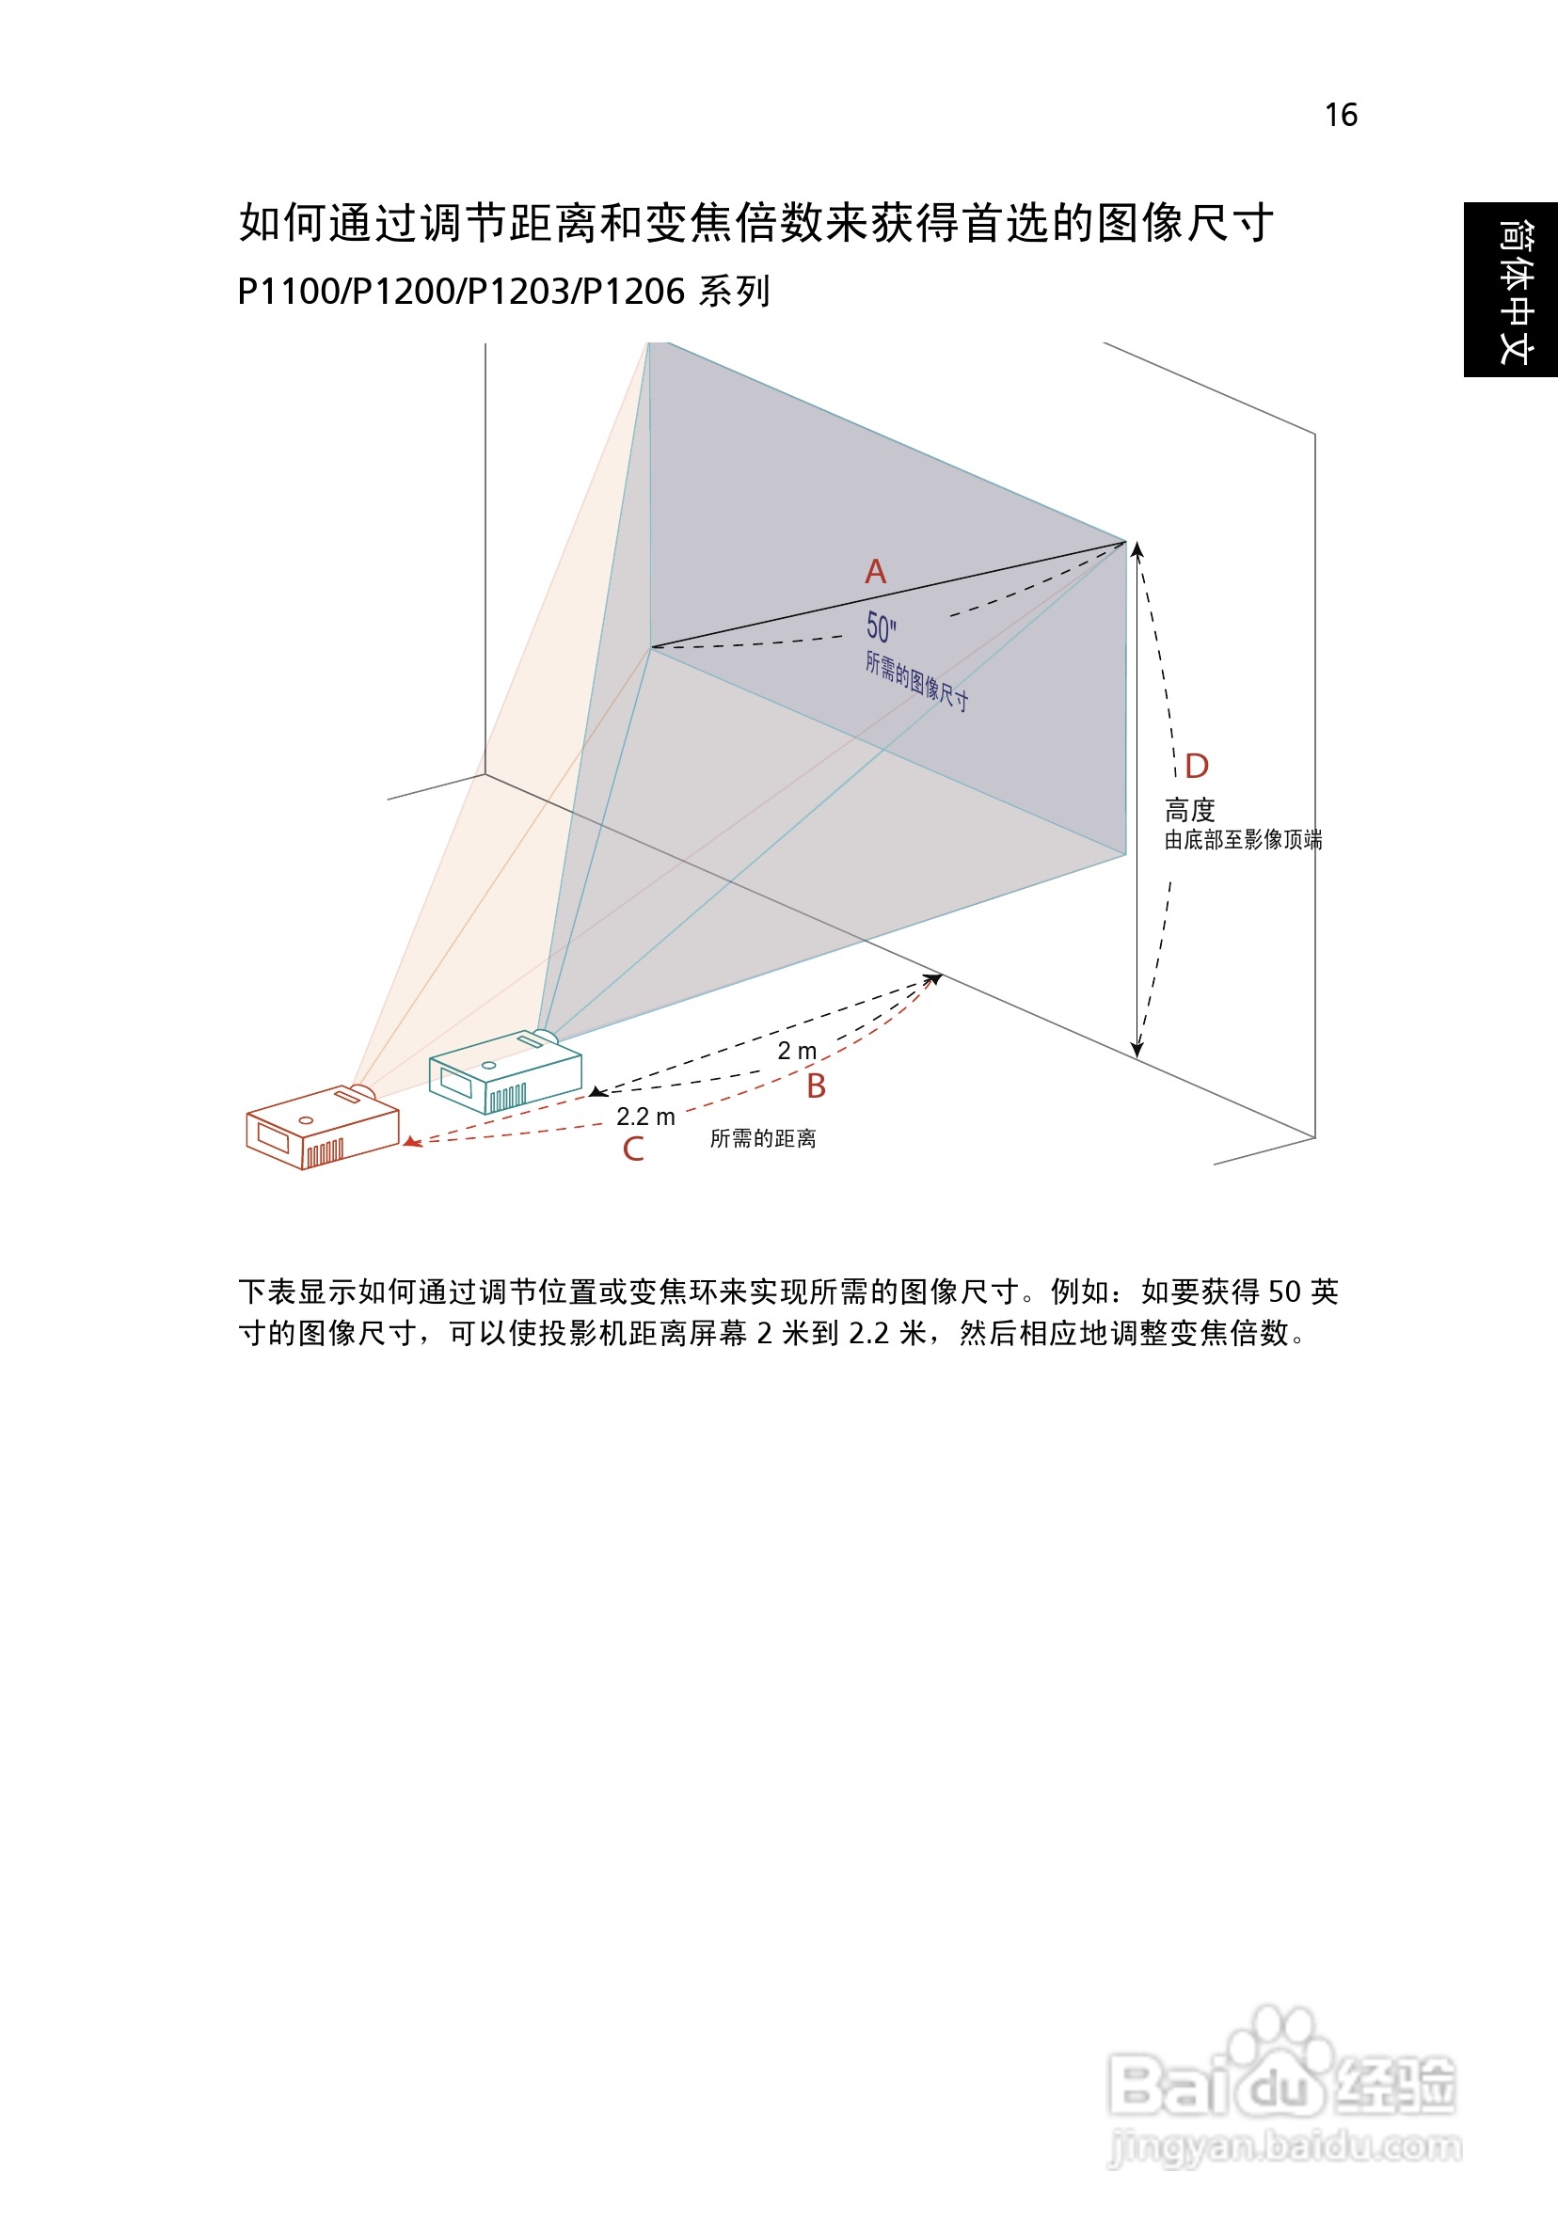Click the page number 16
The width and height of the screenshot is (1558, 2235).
click(x=1341, y=115)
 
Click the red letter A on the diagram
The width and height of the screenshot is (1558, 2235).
click(x=875, y=571)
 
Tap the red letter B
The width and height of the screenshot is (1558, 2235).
click(x=816, y=1086)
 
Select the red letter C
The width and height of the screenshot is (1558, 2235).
click(x=633, y=1149)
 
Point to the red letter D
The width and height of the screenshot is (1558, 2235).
click(x=1197, y=766)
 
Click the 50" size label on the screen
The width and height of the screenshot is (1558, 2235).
click(x=882, y=627)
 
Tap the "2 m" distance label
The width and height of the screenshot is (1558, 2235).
click(x=797, y=1051)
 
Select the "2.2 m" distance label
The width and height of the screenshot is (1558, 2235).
click(x=645, y=1117)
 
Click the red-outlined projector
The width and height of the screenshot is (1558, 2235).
click(x=322, y=1129)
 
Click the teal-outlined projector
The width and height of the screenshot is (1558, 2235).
click(x=504, y=1072)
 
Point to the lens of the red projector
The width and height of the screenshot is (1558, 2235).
click(x=362, y=1091)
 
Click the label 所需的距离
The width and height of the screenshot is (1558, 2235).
click(x=762, y=1138)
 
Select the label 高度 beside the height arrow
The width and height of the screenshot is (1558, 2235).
click(x=1189, y=810)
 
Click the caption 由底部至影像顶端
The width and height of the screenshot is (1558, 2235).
click(x=1243, y=839)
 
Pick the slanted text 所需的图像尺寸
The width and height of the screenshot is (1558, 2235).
click(x=916, y=681)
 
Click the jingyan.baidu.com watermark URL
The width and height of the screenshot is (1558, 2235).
click(x=1285, y=2147)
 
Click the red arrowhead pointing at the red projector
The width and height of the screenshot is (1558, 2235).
click(x=413, y=1142)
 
